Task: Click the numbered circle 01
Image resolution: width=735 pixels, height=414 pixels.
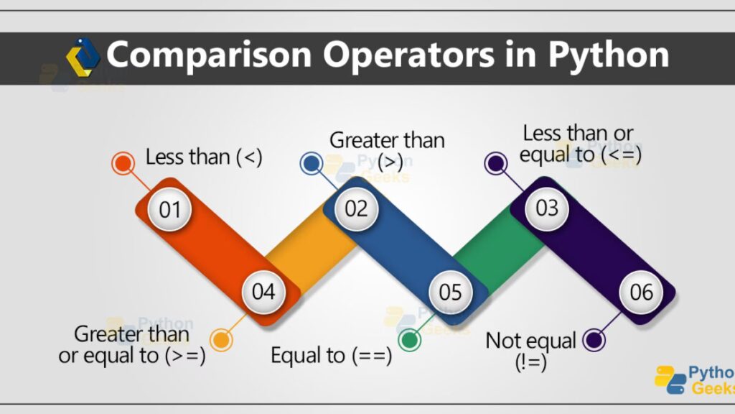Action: click(x=169, y=209)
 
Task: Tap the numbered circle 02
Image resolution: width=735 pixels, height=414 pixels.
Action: click(x=356, y=208)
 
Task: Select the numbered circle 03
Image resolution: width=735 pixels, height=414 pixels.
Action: click(x=546, y=208)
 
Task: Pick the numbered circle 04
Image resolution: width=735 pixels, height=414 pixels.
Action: click(x=263, y=292)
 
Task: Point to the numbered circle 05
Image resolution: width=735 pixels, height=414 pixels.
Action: click(x=451, y=293)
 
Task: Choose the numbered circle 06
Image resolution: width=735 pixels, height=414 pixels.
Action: click(x=641, y=292)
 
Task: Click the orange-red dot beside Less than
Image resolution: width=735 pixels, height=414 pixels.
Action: click(x=123, y=163)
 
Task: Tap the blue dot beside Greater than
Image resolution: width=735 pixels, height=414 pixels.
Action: click(x=312, y=163)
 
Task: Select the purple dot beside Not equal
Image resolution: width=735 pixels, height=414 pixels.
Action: click(x=594, y=340)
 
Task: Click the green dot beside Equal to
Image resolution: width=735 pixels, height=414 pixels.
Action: click(x=409, y=339)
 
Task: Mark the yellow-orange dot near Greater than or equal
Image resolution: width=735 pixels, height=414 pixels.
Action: click(x=221, y=339)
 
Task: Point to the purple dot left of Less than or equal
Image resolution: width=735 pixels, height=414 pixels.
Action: click(x=495, y=163)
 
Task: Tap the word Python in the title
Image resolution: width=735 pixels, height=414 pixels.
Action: click(x=609, y=55)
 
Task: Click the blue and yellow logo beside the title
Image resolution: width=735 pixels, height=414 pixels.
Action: click(x=83, y=57)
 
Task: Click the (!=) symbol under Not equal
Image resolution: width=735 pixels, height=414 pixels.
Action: click(x=530, y=362)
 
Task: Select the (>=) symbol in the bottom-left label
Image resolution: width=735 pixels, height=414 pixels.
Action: click(x=185, y=356)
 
